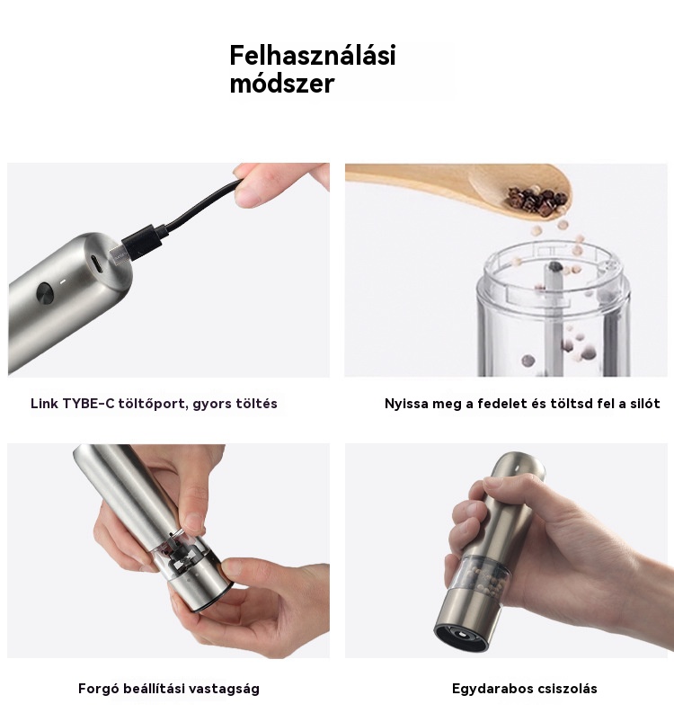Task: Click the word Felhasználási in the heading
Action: (313, 55)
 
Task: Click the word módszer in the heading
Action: (281, 84)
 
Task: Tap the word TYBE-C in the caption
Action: (88, 404)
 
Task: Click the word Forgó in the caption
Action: (94, 689)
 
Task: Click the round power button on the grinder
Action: (46, 293)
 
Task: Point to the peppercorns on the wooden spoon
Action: (537, 200)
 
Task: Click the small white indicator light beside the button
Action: (63, 281)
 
